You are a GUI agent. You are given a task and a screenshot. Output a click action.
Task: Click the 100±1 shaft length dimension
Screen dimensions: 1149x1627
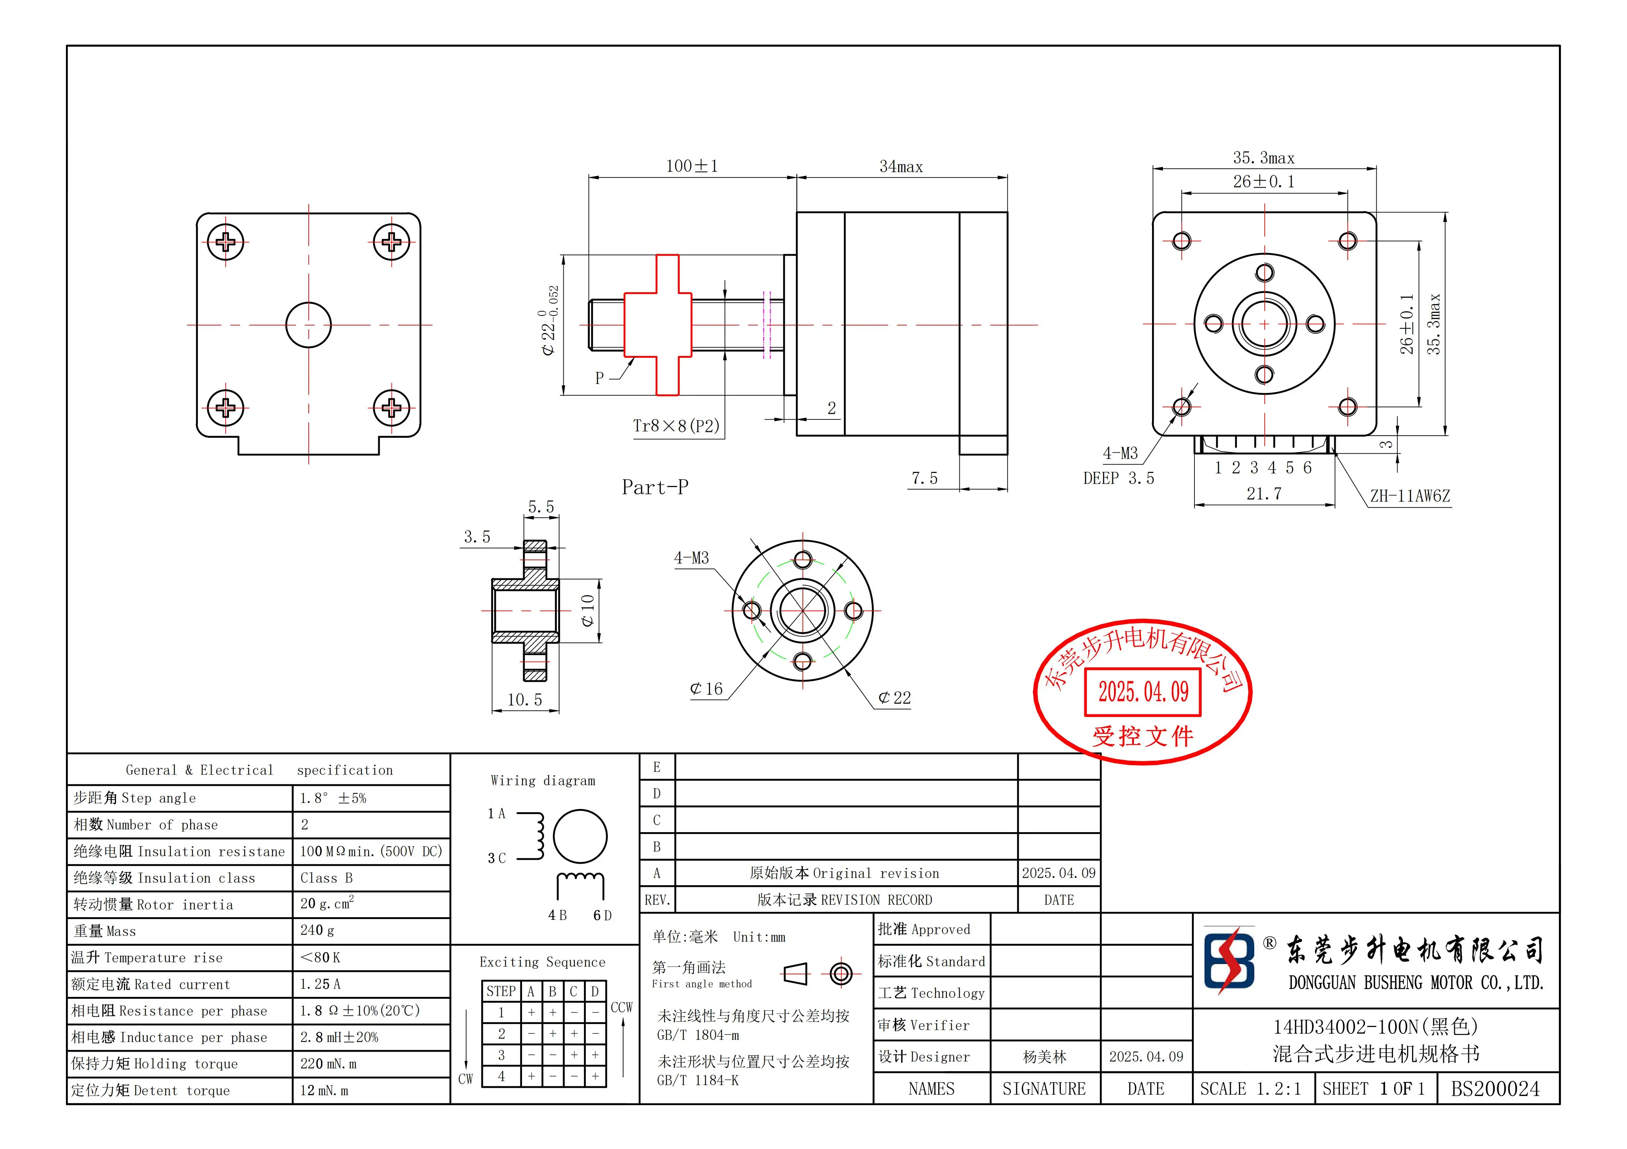coord(692,167)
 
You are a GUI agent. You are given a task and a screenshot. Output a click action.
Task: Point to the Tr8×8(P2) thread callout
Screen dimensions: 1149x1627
coord(676,426)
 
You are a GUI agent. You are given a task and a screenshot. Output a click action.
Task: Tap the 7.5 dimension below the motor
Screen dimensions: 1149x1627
coord(924,479)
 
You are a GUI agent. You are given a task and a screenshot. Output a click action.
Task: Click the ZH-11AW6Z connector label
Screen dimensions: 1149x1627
coord(1410,496)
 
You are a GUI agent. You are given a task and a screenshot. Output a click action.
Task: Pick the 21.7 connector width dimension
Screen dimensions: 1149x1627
coord(1264,494)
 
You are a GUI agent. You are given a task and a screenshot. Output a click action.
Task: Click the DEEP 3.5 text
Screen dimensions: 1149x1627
coord(1118,479)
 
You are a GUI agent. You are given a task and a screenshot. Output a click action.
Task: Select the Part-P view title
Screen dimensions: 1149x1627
coord(655,487)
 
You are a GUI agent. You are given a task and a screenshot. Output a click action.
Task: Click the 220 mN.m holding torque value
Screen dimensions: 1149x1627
coord(328,1064)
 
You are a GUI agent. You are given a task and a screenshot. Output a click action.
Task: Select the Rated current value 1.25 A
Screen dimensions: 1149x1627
coord(320,984)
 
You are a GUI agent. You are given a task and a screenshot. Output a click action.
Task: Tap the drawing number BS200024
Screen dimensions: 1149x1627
coord(1495,1089)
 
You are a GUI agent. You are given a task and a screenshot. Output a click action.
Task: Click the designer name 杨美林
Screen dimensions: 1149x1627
coord(1044,1057)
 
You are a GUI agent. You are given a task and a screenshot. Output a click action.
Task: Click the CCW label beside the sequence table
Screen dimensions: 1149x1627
coord(621,1007)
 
